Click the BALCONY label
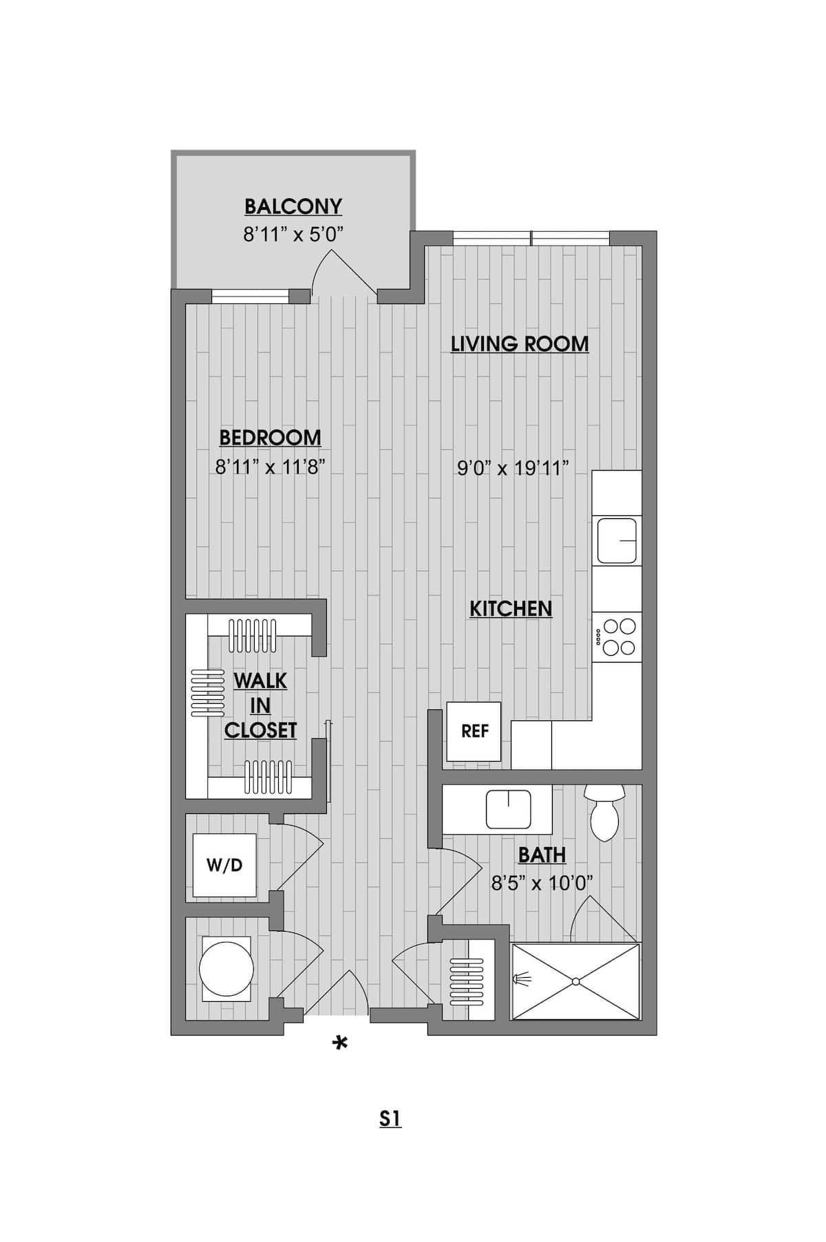tap(293, 206)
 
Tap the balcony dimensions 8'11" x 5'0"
tap(293, 235)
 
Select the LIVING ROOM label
tap(520, 343)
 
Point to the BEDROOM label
tap(270, 437)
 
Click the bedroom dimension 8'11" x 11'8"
tap(270, 467)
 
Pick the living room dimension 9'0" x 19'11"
tap(513, 469)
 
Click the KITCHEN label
tap(511, 608)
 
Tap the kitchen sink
tap(617, 541)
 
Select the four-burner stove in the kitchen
tap(617, 636)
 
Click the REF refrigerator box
tap(474, 731)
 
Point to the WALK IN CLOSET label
tap(260, 705)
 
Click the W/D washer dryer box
tap(224, 865)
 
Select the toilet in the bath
tap(604, 811)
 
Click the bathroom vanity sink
tap(508, 809)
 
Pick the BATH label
tap(542, 855)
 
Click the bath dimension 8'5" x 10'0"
tap(542, 883)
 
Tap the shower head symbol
tap(522, 977)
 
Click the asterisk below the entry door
tap(340, 1044)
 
